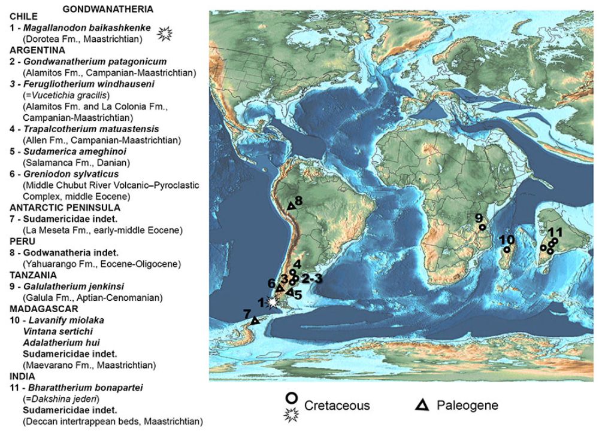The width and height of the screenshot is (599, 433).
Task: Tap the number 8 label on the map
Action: [298, 200]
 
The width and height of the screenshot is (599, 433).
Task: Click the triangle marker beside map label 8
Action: [291, 206]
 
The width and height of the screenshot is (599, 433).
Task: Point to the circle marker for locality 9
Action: [482, 227]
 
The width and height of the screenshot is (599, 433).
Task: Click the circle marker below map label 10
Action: [507, 250]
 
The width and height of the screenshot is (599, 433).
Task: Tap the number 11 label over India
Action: [555, 231]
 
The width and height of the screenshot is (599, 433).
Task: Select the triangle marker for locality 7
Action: [255, 321]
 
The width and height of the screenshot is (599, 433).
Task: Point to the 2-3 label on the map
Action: [311, 278]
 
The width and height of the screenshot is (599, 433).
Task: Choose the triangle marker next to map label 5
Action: [289, 292]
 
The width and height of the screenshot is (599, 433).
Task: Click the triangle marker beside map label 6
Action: [279, 288]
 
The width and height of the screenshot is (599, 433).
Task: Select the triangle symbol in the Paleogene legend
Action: [422, 405]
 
